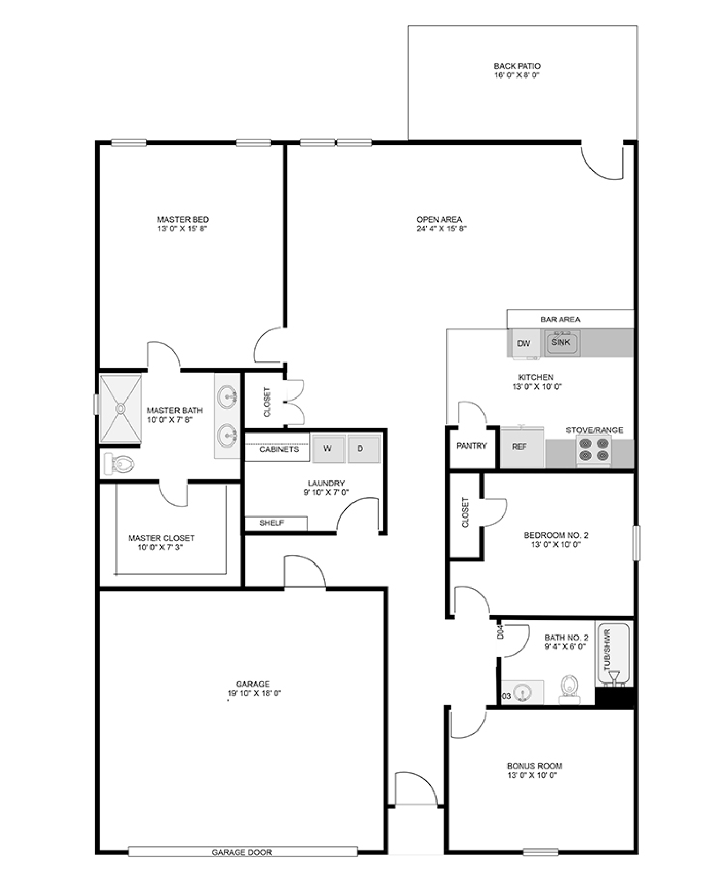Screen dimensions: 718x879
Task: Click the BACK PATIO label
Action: [517, 66]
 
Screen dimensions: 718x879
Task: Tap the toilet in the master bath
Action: [119, 464]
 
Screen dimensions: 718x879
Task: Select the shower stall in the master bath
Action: [121, 409]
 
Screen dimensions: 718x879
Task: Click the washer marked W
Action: [328, 448]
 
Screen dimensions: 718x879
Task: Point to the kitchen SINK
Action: [562, 343]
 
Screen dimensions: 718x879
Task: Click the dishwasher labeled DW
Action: [524, 344]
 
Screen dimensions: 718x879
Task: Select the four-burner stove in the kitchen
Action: [594, 450]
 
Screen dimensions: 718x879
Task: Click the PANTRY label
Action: [471, 446]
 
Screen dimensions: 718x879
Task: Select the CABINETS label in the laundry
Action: [279, 449]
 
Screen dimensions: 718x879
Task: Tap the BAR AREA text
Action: [561, 320]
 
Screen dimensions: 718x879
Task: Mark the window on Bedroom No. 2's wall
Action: [636, 543]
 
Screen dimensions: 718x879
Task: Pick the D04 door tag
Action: [500, 632]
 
